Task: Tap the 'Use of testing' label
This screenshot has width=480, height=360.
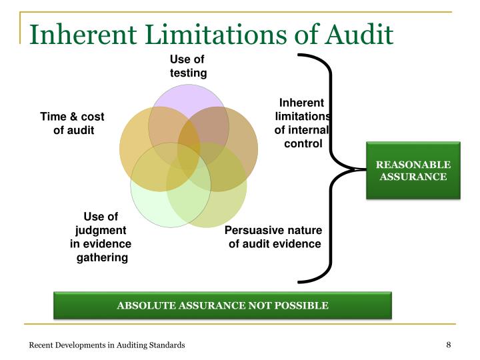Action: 188,66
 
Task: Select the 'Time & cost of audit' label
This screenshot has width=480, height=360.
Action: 72,123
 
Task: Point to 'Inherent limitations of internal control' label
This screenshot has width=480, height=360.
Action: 301,123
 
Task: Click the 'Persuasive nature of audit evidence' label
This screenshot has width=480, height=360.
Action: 274,237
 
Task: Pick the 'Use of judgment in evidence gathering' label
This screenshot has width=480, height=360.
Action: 101,237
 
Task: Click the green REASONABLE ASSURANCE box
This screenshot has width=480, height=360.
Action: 413,171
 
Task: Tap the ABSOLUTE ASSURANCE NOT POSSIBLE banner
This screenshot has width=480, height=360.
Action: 223,306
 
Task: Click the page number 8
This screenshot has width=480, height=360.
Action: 449,344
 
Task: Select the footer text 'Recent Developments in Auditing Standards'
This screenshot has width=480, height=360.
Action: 107,345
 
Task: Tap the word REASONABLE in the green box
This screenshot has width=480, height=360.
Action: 413,165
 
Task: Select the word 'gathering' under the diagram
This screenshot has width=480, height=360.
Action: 101,257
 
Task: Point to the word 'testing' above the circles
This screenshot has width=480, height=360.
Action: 188,73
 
